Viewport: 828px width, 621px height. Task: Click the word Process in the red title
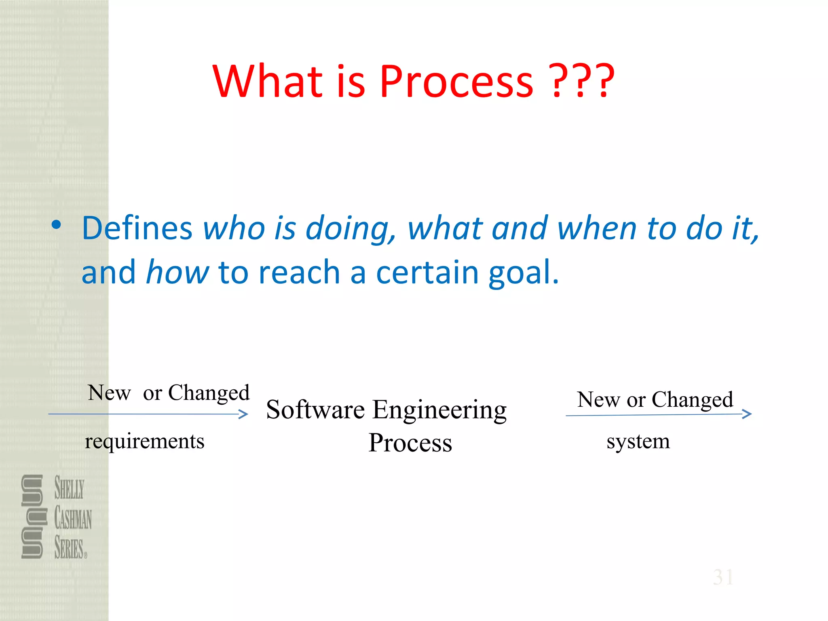(456, 82)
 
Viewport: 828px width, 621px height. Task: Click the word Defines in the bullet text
(137, 228)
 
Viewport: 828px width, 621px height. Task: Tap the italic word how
(177, 272)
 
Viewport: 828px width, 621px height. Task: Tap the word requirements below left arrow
(144, 441)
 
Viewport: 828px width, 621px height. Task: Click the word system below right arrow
(638, 441)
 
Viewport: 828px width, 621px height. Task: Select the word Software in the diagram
(315, 410)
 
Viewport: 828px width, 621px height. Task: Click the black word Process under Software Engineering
(410, 443)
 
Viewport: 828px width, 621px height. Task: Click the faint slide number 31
(723, 577)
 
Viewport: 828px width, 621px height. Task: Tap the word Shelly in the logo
(69, 488)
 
